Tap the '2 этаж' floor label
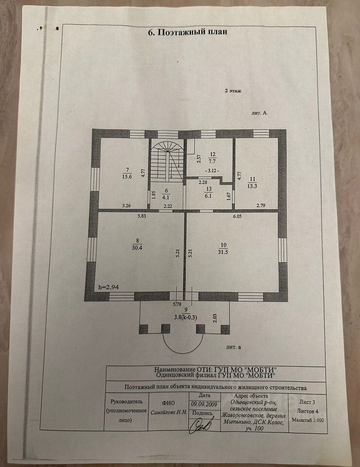[x=233, y=91]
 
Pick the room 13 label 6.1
[x=209, y=193]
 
